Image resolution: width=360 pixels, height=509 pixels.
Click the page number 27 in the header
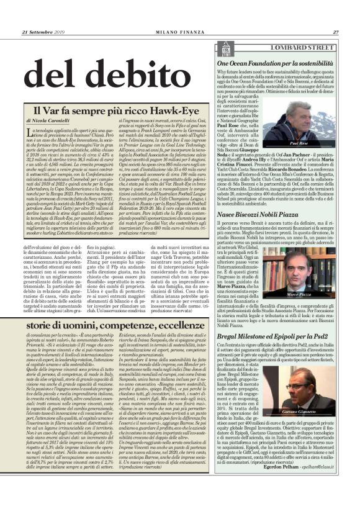[335, 32]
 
